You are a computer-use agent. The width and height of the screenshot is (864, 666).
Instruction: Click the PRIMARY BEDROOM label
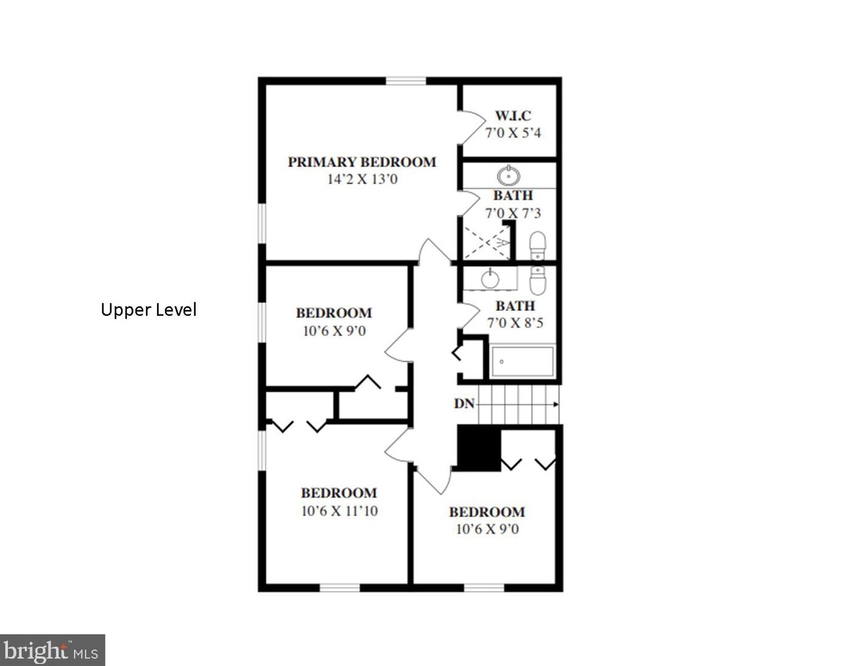(x=362, y=162)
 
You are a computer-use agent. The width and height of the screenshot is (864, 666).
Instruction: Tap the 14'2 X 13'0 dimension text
(x=362, y=179)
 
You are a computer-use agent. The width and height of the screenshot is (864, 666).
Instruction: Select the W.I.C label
(x=513, y=116)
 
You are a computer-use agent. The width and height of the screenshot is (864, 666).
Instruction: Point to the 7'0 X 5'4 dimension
(x=513, y=133)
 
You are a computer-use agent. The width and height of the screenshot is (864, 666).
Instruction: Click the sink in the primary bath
(x=508, y=175)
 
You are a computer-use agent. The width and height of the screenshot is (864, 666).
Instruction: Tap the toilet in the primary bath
(x=537, y=245)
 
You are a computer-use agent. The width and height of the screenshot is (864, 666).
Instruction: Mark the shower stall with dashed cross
(x=487, y=242)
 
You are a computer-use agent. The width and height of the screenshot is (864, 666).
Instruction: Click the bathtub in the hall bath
(x=522, y=361)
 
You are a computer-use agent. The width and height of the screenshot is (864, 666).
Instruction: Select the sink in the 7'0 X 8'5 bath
(x=490, y=278)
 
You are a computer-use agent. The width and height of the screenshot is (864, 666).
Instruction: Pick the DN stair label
(x=464, y=404)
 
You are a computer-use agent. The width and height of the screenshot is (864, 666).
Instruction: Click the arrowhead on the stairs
(x=556, y=404)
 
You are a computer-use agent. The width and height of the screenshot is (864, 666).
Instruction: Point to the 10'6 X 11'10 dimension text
(x=339, y=511)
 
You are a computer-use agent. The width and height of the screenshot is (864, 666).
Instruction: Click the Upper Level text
(x=148, y=310)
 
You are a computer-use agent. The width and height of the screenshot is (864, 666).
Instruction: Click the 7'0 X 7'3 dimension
(x=513, y=213)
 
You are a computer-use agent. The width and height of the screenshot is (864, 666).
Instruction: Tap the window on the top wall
(x=406, y=81)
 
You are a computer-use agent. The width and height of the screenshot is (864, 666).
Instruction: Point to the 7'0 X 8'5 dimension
(x=515, y=323)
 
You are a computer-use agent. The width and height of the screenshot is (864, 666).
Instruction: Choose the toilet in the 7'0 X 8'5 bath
(x=538, y=280)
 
